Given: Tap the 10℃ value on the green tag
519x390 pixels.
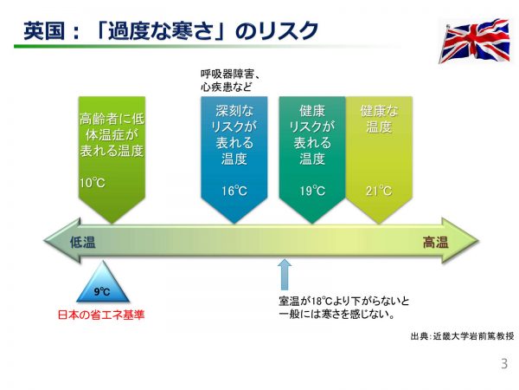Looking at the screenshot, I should coord(92,183).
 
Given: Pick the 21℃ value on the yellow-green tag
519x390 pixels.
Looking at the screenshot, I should coord(379,191).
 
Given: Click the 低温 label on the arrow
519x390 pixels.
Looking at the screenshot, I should coord(84,244).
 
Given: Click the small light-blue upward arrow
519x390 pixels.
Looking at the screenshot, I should coord(285,275).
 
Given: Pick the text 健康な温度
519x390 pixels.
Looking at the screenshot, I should coord(379,119).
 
